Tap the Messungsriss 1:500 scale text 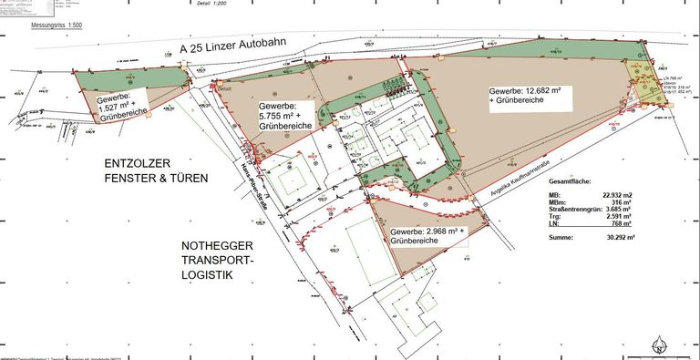coord(57,26)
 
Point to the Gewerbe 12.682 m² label coord(529,97)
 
